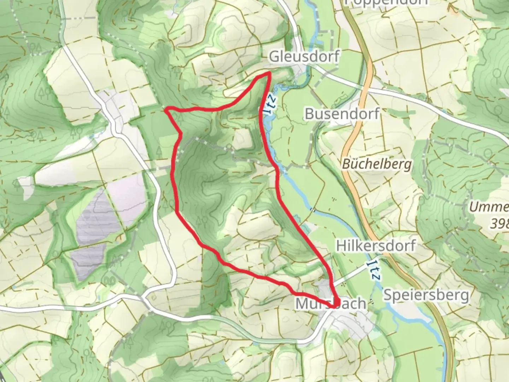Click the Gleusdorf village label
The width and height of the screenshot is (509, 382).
point(304,57)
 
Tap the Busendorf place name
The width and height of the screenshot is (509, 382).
point(342,114)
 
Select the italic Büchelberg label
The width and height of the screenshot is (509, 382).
point(377,164)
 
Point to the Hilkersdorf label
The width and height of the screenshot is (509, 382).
point(376,245)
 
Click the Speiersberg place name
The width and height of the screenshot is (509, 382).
point(426,295)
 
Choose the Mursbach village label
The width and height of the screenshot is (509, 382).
point(330,303)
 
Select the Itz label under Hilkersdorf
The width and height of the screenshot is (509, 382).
point(373,271)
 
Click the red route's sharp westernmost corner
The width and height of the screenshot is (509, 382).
point(167,110)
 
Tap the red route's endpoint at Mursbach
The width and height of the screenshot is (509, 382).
point(335,303)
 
